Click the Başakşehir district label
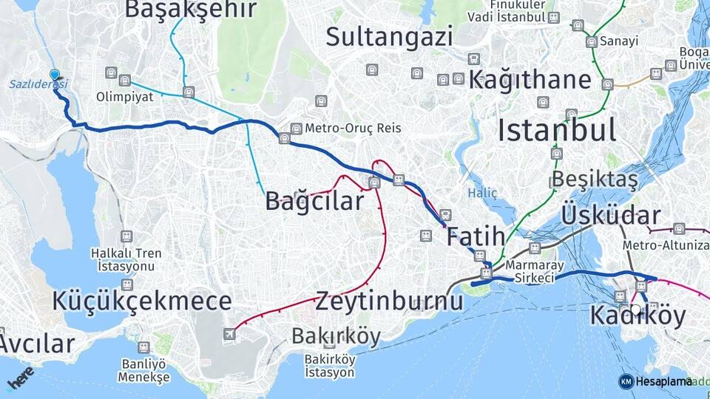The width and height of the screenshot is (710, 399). (x=190, y=9)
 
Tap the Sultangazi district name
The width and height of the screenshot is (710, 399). (x=388, y=36)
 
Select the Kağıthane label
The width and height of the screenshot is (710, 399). (x=530, y=80)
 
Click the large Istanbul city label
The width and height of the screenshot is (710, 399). (x=556, y=131)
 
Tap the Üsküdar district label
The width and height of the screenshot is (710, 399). (x=611, y=215)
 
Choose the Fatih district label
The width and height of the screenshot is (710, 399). (x=476, y=237)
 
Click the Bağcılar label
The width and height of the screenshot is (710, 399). (x=314, y=200)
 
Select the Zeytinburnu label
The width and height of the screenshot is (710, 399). (x=389, y=301)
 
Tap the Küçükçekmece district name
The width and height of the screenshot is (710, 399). (x=142, y=301)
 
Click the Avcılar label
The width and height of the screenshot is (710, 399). (x=37, y=343)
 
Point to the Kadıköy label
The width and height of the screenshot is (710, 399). (x=638, y=316)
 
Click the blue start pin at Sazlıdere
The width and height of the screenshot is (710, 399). (x=55, y=75)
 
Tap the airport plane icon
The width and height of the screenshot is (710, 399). (x=229, y=334)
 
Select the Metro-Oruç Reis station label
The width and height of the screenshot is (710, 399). (x=353, y=128)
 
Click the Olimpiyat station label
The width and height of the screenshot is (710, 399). (x=124, y=96)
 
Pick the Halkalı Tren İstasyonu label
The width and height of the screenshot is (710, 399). (x=126, y=259)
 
